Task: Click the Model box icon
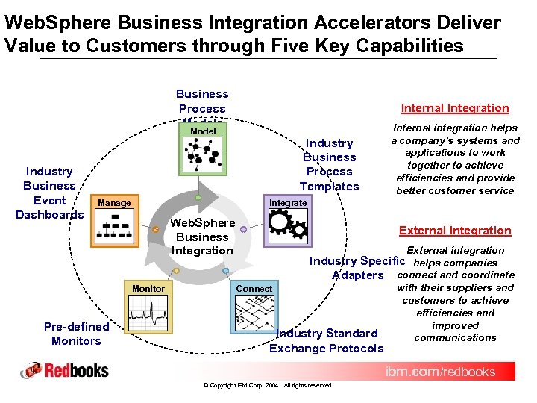click(204, 152)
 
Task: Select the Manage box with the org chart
click(118, 222)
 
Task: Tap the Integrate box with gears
click(288, 222)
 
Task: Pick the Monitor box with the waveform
click(148, 310)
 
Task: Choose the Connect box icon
click(254, 310)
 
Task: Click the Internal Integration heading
click(455, 108)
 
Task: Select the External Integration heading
click(455, 231)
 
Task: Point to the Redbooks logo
click(65, 370)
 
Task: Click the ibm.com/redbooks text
click(439, 371)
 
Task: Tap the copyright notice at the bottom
click(268, 385)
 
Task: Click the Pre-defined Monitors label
click(76, 334)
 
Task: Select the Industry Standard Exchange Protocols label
click(327, 340)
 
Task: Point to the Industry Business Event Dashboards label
click(49, 193)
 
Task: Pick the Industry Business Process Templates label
click(329, 164)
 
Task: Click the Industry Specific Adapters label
click(357, 268)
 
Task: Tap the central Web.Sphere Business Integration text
click(202, 237)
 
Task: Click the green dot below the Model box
click(198, 198)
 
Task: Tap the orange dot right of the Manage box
click(155, 230)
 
